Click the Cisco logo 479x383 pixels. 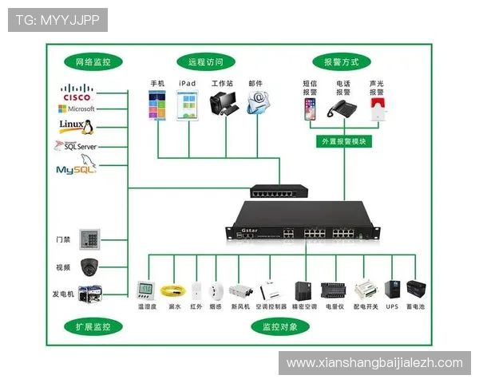(x=77, y=92)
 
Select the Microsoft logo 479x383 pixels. (x=77, y=109)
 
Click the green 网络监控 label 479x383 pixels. (x=93, y=61)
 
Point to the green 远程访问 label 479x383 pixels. (x=205, y=61)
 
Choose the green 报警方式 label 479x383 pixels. (x=341, y=61)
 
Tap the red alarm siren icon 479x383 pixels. (x=376, y=111)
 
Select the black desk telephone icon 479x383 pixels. (x=343, y=110)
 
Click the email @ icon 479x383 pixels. (x=256, y=101)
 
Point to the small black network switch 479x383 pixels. (x=279, y=191)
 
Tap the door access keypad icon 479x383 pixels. (x=93, y=239)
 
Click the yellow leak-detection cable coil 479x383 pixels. (x=169, y=290)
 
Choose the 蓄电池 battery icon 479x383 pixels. (x=415, y=289)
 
